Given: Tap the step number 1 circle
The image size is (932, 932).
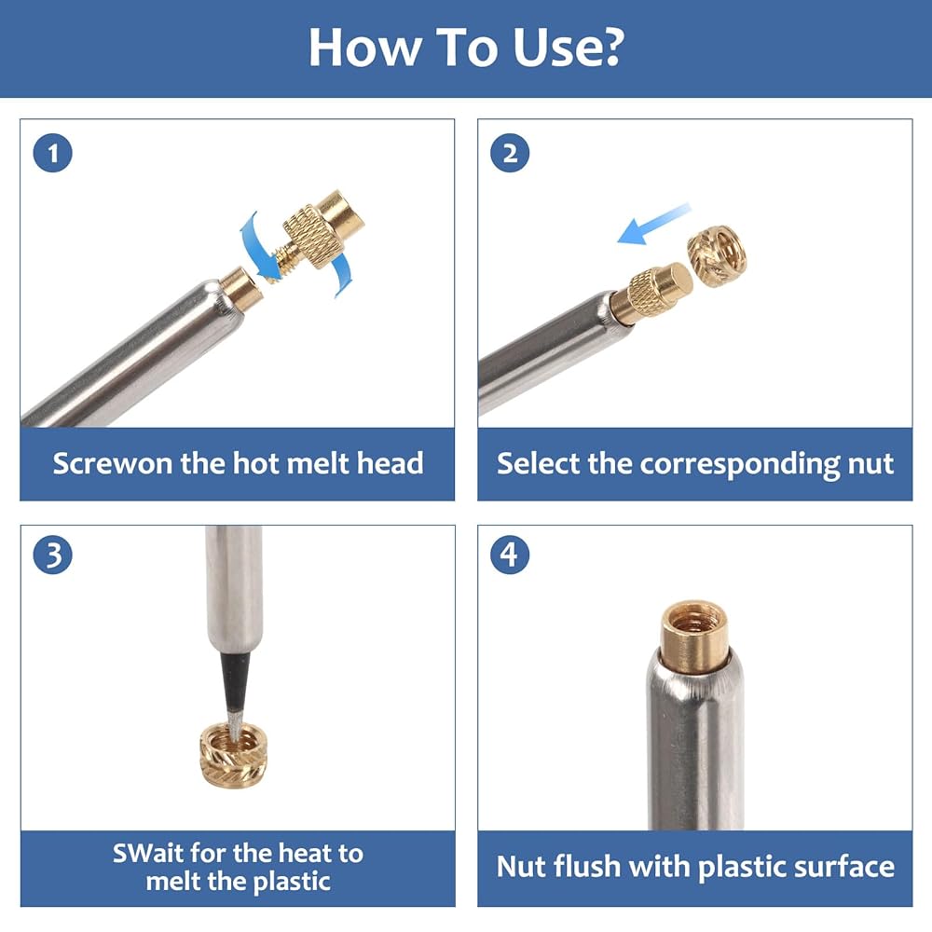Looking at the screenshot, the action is click(53, 154).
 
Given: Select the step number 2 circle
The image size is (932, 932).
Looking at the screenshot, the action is click(510, 154).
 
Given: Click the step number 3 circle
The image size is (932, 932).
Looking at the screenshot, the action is click(53, 555).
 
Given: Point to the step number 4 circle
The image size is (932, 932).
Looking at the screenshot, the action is click(510, 555).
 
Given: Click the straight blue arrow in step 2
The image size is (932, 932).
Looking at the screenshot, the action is click(654, 224).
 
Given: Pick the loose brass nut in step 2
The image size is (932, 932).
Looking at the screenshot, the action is click(718, 255).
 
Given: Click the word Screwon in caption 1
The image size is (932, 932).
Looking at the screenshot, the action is click(113, 463).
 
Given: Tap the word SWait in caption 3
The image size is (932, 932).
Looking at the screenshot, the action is click(148, 853).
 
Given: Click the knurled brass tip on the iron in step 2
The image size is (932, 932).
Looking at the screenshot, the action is click(652, 293).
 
